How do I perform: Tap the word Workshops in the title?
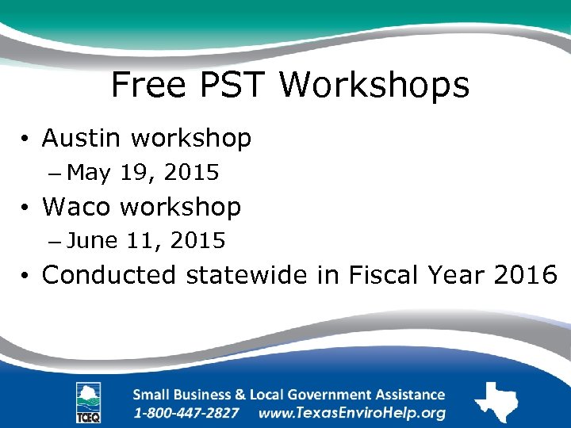click(376, 85)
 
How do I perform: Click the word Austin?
click(83, 139)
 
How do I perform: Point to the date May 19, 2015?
click(148, 172)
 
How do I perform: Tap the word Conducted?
click(110, 275)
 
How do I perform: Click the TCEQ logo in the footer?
click(88, 403)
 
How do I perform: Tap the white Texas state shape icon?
click(496, 402)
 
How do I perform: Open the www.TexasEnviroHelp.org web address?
click(351, 413)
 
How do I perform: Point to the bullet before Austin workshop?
click(26, 140)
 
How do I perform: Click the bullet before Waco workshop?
click(26, 208)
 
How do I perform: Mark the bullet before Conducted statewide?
click(26, 277)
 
